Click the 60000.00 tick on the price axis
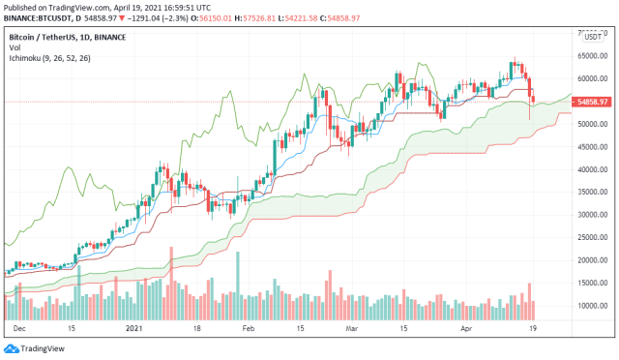point(591,79)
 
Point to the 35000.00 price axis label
point(591,193)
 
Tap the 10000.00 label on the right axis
point(591,306)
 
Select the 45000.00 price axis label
point(591,147)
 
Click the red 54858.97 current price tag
point(591,102)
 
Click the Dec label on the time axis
point(20,328)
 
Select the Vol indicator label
point(15,47)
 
